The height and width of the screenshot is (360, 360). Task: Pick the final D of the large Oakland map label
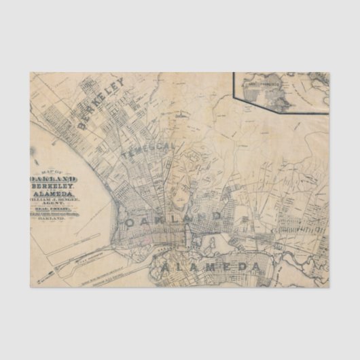pos(216,215)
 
